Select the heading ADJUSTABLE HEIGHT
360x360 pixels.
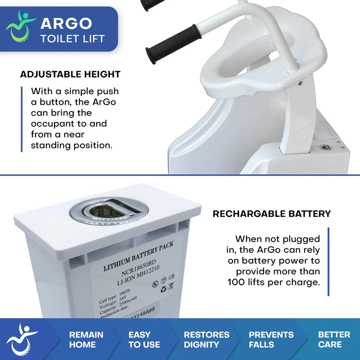pos(70,75)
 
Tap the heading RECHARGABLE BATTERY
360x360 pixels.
pos(272,214)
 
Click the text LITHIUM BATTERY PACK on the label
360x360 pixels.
pos(139,256)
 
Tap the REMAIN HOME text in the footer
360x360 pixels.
pos(86,340)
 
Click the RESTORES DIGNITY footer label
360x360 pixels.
pos(207,340)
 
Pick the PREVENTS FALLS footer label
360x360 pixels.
pos(271,340)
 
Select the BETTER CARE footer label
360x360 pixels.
pos(334,340)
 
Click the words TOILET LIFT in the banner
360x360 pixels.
pos(72,38)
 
